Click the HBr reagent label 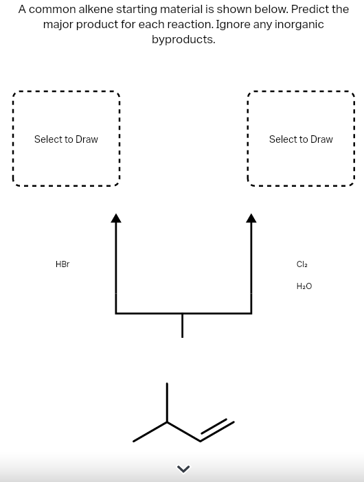coord(62,264)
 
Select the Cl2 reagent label coord(302,264)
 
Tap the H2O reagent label coord(304,286)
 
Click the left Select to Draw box coord(66,139)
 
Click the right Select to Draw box coord(301,139)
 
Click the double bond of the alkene coord(217,431)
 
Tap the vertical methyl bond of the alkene coord(167,402)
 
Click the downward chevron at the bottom coord(182,470)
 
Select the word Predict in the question coord(302,10)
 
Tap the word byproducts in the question coord(183,39)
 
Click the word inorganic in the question coord(297,24)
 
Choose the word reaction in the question coord(187,24)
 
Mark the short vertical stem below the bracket coord(182,325)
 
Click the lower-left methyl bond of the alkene coord(150,432)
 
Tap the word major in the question coord(58,24)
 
